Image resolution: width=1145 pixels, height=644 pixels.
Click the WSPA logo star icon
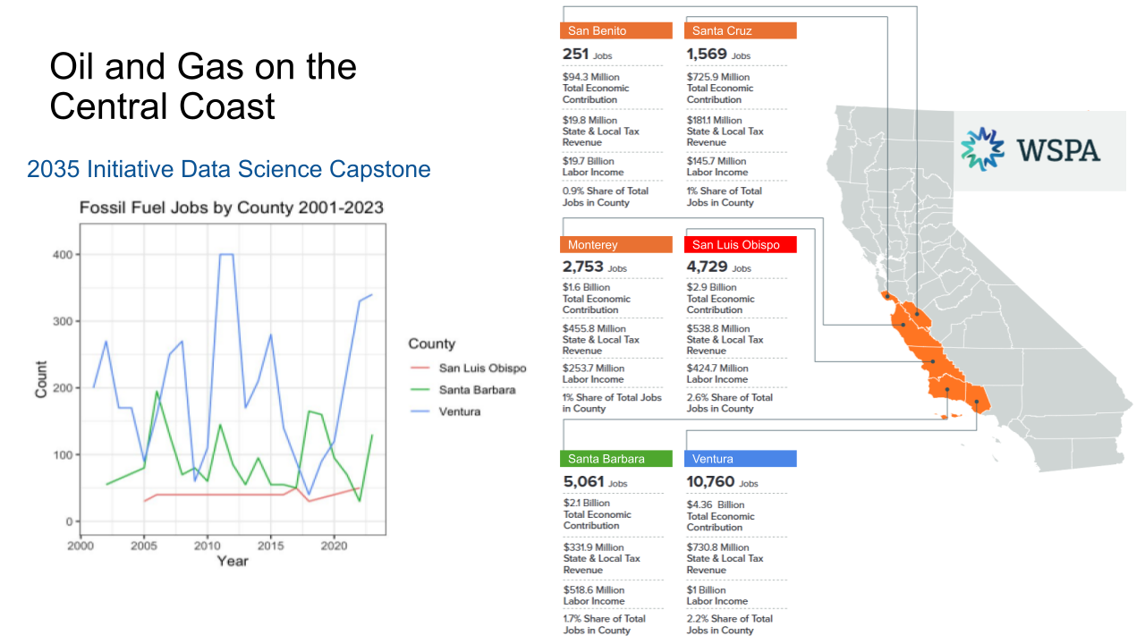tap(983, 149)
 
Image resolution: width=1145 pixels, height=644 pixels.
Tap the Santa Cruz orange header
tap(741, 30)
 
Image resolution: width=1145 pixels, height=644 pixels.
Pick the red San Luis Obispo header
tap(741, 244)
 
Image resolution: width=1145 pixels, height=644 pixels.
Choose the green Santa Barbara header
tap(615, 459)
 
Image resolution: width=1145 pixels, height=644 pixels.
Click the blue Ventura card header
tap(741, 459)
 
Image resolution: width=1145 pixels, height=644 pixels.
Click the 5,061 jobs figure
tap(583, 482)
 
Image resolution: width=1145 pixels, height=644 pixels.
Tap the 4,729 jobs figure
tap(708, 267)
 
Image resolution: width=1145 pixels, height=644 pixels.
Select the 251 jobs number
tap(575, 55)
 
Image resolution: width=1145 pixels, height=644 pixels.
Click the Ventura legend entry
tap(459, 411)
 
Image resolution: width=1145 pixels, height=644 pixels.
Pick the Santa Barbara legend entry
tap(477, 390)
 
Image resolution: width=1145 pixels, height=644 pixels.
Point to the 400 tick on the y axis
tap(62, 255)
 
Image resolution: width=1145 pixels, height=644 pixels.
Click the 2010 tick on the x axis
tap(208, 545)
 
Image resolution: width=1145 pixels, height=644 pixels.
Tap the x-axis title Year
tap(233, 561)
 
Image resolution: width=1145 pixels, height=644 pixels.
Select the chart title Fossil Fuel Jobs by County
tap(232, 208)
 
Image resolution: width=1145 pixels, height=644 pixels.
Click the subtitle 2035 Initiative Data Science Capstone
tap(229, 169)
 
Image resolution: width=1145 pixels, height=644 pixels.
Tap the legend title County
tap(431, 344)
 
